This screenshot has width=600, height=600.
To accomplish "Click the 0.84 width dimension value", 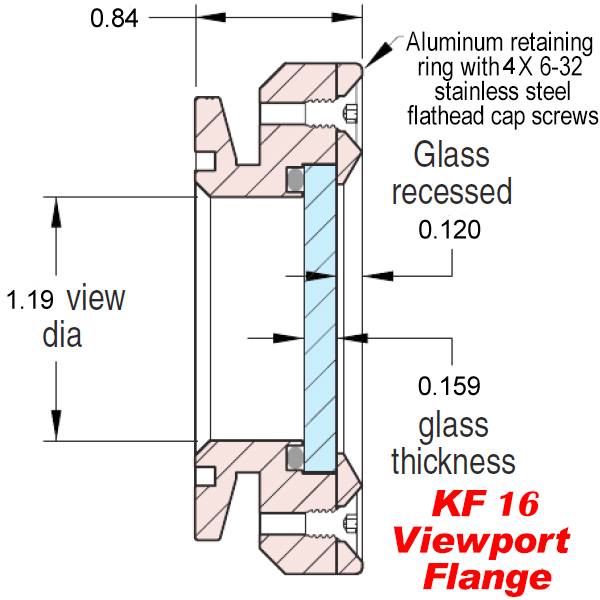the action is click(114, 18).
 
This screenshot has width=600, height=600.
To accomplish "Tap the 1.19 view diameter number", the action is click(30, 300).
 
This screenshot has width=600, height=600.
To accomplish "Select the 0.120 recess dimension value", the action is click(449, 230).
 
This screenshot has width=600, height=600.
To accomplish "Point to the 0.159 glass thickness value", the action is click(449, 386).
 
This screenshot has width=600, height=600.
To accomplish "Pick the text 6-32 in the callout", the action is click(561, 67).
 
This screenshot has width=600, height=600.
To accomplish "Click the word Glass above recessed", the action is click(452, 155).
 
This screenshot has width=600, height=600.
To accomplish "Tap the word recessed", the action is click(452, 191).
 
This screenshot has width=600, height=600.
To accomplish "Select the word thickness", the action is click(453, 461).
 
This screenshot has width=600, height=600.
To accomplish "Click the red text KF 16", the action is click(486, 504).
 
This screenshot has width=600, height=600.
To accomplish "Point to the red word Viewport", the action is click(481, 540).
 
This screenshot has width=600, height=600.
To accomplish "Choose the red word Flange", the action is click(487, 576).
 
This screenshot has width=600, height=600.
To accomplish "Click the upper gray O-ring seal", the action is click(295, 179).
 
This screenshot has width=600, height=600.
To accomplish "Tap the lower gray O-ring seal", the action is click(295, 458).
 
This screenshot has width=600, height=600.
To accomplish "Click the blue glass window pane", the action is click(320, 318).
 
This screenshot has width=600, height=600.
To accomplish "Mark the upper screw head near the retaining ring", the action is click(350, 114).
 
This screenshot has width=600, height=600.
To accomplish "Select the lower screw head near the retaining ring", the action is click(350, 523).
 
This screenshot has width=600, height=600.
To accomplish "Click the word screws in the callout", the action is click(565, 116).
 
